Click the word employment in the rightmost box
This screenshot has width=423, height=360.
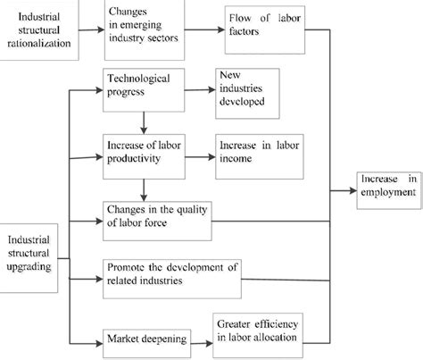[x=387, y=193]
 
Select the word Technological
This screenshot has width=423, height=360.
[x=136, y=80]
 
